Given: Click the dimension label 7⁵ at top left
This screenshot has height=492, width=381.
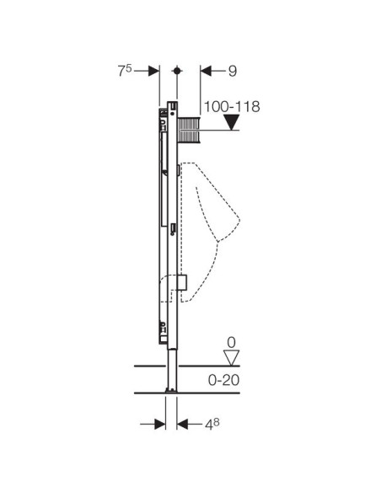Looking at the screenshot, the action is (125, 71).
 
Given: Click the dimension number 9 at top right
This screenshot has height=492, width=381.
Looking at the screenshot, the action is (233, 72).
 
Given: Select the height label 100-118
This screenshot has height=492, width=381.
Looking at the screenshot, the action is (232, 107).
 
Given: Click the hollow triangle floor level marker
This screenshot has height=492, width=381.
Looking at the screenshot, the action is (232, 358).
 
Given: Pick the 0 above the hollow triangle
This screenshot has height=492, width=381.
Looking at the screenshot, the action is (231, 342).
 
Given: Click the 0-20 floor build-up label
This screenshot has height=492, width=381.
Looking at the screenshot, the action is (223, 380).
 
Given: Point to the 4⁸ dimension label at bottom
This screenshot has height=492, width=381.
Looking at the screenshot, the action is (212, 425).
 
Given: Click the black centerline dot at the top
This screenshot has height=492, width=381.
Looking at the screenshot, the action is (177, 71).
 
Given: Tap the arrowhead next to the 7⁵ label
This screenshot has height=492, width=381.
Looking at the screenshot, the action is (153, 71).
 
